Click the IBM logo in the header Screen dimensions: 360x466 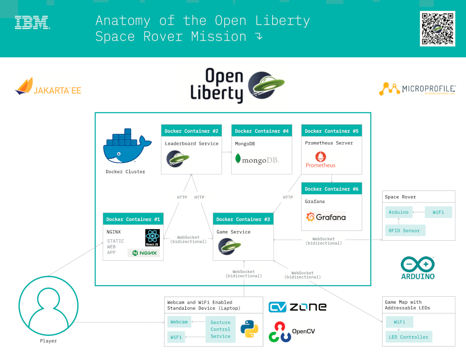(x=32, y=23)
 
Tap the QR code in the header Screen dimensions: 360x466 (x=437, y=28)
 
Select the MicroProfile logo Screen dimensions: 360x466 (x=417, y=88)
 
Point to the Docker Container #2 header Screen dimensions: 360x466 (x=192, y=131)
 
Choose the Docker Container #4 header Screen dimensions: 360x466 (x=261, y=131)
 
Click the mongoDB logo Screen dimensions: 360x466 (x=257, y=160)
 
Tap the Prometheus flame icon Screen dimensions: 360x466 (x=321, y=156)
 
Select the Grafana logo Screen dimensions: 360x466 (x=326, y=217)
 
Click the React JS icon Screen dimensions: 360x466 (x=152, y=238)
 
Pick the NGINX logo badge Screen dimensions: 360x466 (x=144, y=253)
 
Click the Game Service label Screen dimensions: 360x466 (x=233, y=232)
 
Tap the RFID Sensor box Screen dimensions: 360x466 (x=404, y=231)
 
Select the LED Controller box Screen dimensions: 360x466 (x=408, y=337)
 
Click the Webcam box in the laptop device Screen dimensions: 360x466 (x=179, y=322)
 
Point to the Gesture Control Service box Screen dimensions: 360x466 (x=220, y=329)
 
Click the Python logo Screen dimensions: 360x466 (x=249, y=329)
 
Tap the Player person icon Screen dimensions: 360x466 (x=48, y=305)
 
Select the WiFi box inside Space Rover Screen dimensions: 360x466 (x=438, y=212)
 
